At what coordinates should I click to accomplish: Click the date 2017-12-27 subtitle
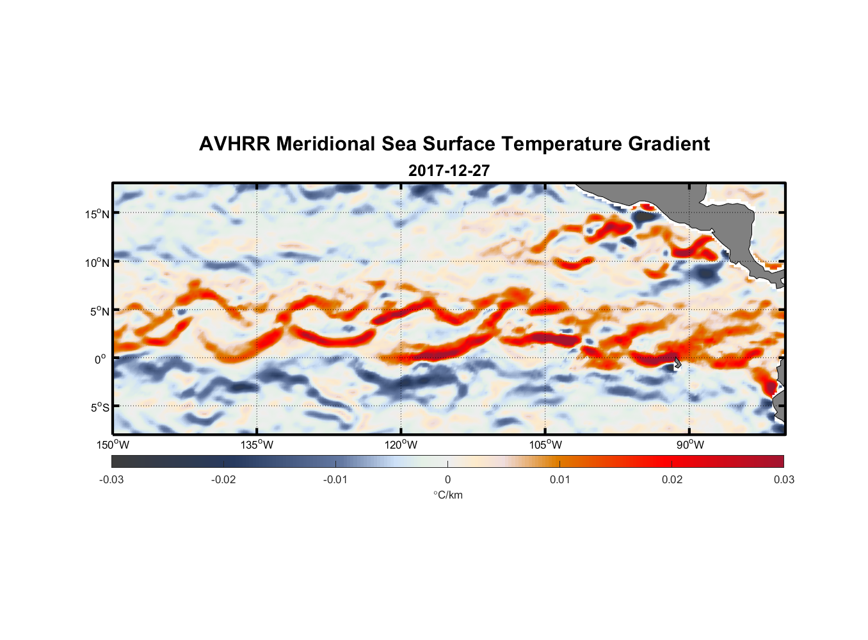pyautogui.click(x=449, y=171)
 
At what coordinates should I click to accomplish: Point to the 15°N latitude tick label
pyautogui.click(x=97, y=214)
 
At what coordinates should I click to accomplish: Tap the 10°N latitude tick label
pyautogui.click(x=97, y=262)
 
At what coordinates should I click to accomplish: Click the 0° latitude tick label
pyautogui.click(x=100, y=359)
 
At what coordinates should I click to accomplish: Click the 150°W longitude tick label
pyautogui.click(x=113, y=445)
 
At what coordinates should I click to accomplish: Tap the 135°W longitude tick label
pyautogui.click(x=257, y=445)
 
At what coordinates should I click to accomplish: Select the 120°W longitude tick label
pyautogui.click(x=401, y=445)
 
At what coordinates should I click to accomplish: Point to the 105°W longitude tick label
pyautogui.click(x=545, y=445)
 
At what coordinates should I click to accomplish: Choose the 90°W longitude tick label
pyautogui.click(x=690, y=445)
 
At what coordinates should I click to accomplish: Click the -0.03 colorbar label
pyautogui.click(x=111, y=479)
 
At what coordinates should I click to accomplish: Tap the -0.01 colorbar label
pyautogui.click(x=335, y=479)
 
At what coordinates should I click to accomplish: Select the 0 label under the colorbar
pyautogui.click(x=447, y=479)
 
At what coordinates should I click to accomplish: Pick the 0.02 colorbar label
pyautogui.click(x=672, y=479)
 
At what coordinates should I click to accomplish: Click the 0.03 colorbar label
pyautogui.click(x=784, y=479)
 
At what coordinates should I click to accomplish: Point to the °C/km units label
pyautogui.click(x=447, y=495)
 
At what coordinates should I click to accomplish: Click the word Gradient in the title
pyautogui.click(x=669, y=144)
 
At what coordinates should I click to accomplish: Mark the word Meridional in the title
pyautogui.click(x=326, y=144)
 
